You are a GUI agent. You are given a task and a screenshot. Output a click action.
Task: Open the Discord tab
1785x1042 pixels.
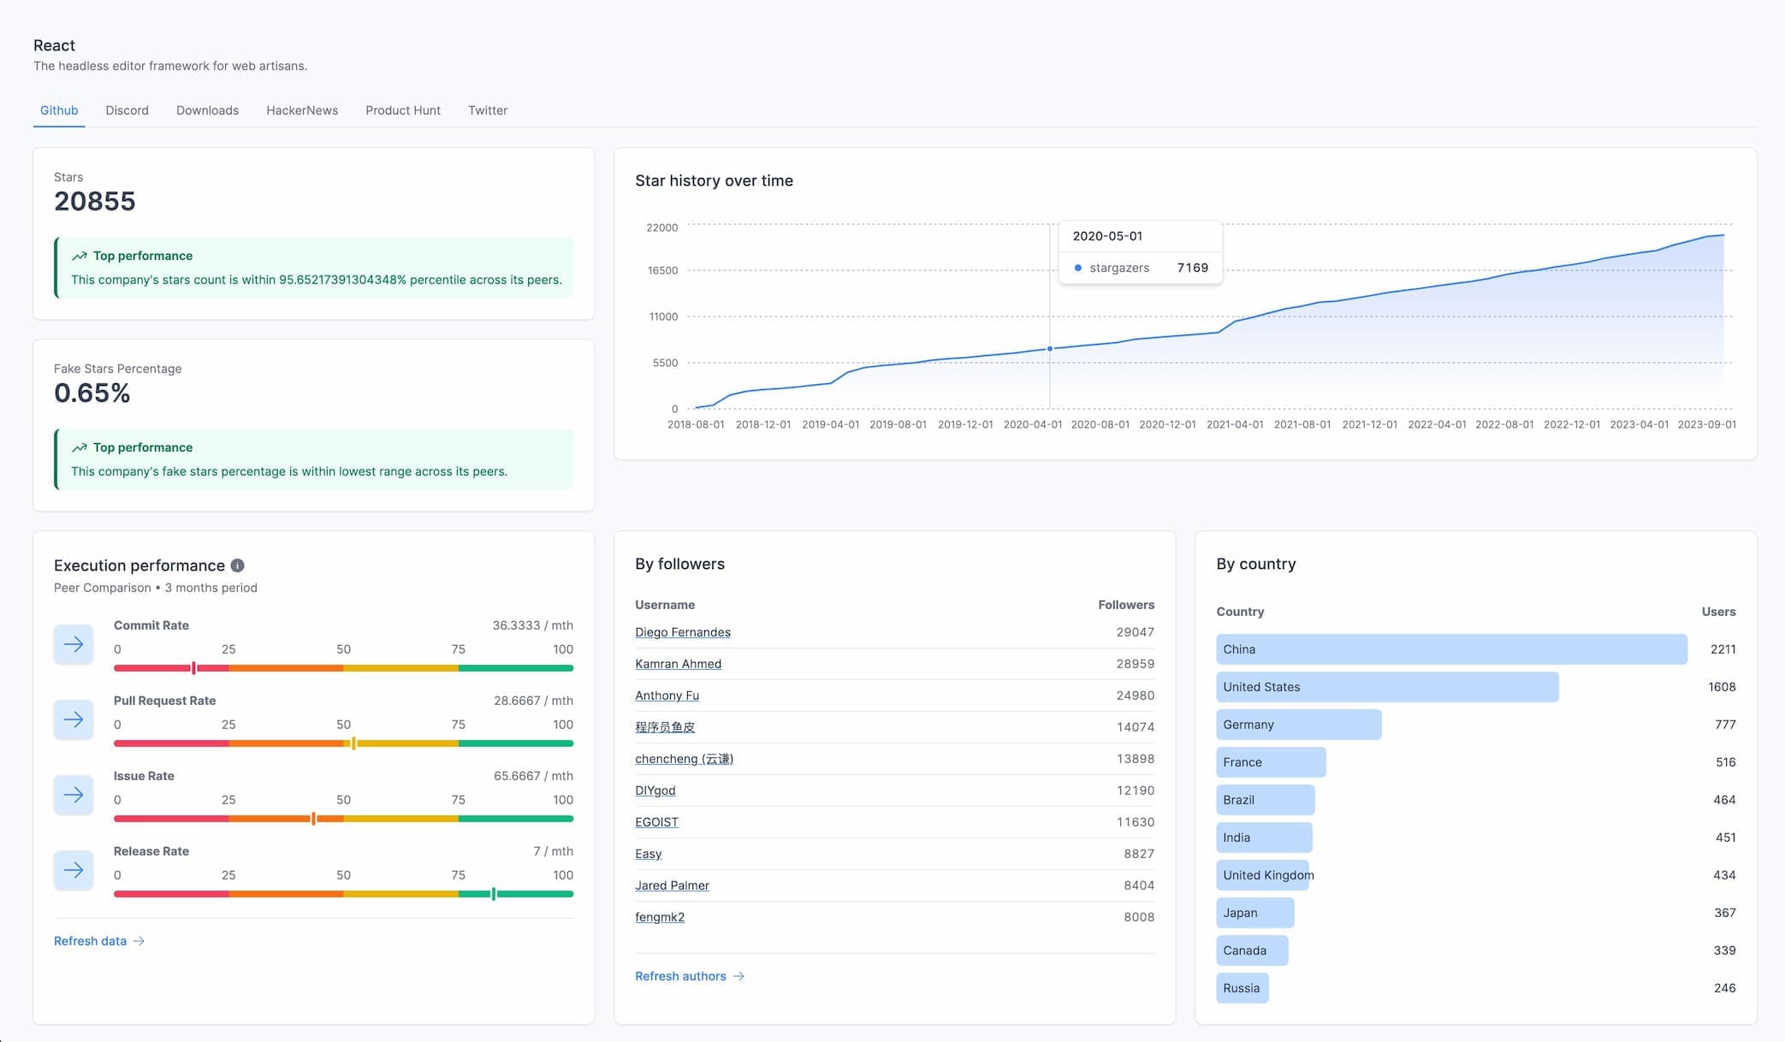[x=127, y=110]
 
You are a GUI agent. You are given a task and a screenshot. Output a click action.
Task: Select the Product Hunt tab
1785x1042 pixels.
[x=402, y=110]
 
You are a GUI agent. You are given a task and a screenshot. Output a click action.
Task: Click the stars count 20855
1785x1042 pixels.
[x=95, y=202]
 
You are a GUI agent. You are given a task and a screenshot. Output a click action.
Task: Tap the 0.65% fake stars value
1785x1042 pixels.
[x=92, y=394]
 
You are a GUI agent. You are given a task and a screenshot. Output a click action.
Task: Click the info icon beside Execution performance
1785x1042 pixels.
[x=238, y=565]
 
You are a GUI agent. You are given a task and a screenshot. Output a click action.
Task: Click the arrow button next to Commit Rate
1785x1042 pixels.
[x=74, y=644]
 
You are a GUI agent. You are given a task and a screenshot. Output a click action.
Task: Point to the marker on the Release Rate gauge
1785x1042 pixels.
[x=494, y=894]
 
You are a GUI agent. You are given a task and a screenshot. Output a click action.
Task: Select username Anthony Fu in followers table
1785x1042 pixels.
[x=667, y=696]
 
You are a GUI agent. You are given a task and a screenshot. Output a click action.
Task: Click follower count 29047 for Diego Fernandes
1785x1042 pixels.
[x=1135, y=632]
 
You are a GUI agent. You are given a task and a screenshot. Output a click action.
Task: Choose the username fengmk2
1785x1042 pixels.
[x=660, y=917]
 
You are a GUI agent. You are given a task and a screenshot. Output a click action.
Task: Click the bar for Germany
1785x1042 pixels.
[x=1298, y=725]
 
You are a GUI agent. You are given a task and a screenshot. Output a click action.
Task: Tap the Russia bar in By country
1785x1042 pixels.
[x=1242, y=988]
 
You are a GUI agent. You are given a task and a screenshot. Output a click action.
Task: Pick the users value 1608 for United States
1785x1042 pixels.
[x=1722, y=687]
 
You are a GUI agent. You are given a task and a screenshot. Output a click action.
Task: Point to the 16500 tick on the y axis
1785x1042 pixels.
[x=662, y=270]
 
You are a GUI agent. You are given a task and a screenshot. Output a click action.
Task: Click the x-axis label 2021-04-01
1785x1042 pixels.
[x=1235, y=424]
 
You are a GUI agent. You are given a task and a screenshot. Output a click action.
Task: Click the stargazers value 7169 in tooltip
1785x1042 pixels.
[x=1192, y=268]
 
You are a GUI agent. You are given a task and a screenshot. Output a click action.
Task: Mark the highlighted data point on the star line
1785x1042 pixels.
[x=1050, y=349]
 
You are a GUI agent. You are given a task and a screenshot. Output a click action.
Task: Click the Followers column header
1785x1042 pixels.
[x=1125, y=605]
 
